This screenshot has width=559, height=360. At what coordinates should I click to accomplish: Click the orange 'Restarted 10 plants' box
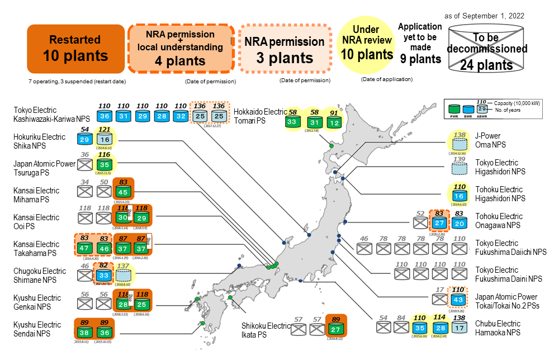[x=75, y=49]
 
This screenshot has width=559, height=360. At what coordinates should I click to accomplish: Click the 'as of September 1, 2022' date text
[x=485, y=16]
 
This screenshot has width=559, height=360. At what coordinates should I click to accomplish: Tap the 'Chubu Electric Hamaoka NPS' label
[x=498, y=328]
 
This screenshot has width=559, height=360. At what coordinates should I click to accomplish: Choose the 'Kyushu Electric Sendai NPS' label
[x=37, y=329]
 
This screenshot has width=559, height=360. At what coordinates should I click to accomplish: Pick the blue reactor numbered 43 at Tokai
[x=457, y=301]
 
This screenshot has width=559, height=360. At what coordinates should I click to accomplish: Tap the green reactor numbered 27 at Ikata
[x=335, y=329]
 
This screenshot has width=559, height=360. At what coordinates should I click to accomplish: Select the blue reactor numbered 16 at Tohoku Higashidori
[x=459, y=196]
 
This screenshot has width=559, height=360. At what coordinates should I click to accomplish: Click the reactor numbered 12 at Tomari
[x=334, y=122]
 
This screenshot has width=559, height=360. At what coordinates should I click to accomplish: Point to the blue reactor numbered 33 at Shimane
[x=103, y=275]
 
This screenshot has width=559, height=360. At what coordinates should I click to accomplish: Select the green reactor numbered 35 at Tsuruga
[x=103, y=165]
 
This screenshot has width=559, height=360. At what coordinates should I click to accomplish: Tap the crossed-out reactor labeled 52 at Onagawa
[x=421, y=223]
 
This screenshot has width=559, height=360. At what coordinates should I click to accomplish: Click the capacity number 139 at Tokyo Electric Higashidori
[x=459, y=159]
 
